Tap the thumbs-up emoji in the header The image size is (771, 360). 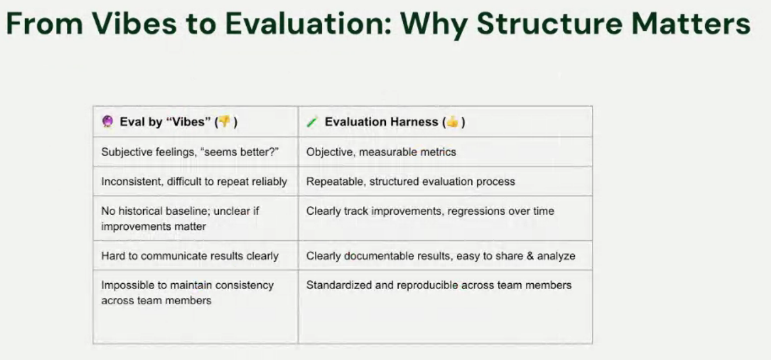tap(453, 122)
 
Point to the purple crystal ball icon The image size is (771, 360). tap(107, 122)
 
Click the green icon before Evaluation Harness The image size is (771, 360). tap(312, 122)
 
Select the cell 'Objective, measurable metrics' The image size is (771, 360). tap(381, 152)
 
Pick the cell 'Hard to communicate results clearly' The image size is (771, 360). tap(190, 256)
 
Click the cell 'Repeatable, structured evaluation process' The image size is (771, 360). tap(410, 181)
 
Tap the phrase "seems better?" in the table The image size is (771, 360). tap(248, 152)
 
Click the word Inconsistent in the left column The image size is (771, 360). tap(131, 181)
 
